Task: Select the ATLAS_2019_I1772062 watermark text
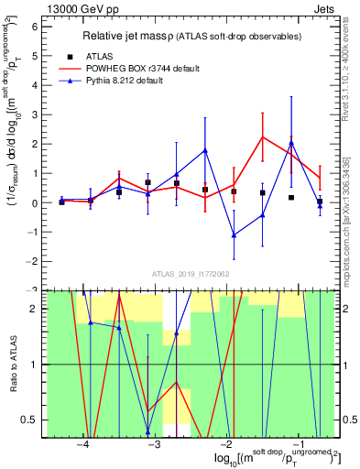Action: (190, 273)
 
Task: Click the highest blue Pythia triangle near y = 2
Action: (291, 143)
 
